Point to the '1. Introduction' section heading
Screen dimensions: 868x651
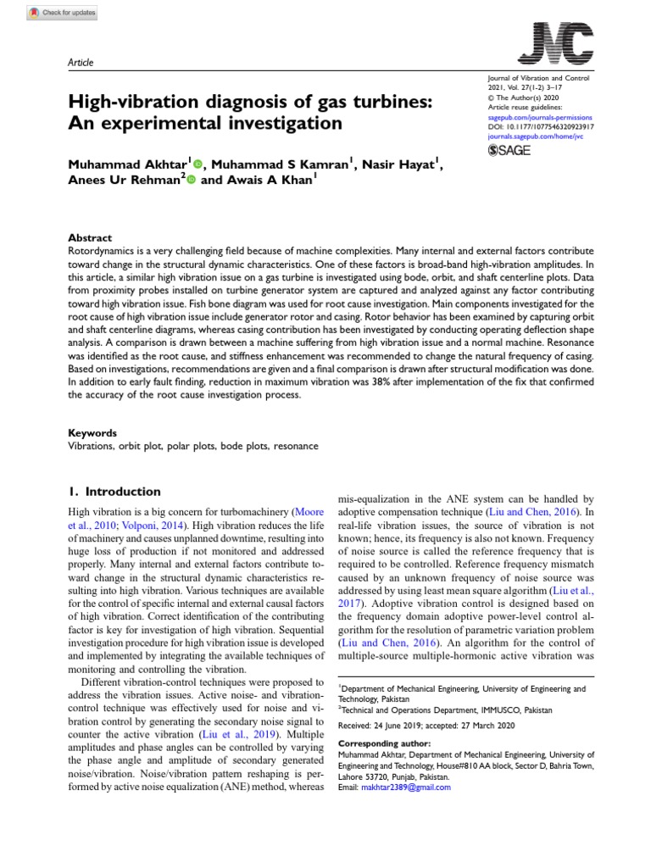pyautogui.click(x=114, y=492)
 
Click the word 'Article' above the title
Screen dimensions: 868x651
pyautogui.click(x=80, y=63)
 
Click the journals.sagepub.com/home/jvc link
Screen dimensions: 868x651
pyautogui.click(x=537, y=135)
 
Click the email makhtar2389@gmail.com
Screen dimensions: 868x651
pyautogui.click(x=405, y=787)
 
